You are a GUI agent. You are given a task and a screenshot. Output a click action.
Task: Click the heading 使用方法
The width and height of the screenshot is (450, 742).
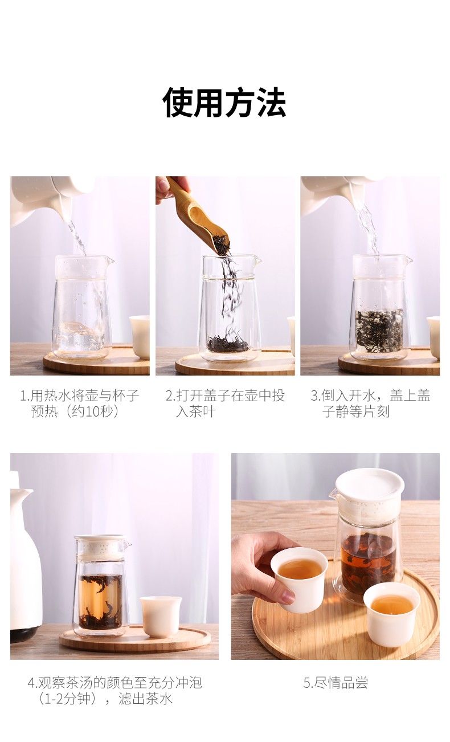(x=224, y=102)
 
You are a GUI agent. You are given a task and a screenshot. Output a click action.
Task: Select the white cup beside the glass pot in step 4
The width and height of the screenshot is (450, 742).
(x=161, y=616)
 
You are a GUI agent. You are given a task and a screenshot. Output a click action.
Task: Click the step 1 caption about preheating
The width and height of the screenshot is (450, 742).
(x=79, y=403)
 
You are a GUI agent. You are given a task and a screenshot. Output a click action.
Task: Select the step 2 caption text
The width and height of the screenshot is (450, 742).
(x=225, y=403)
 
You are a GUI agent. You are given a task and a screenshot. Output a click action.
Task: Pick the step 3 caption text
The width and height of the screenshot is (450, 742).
(x=370, y=403)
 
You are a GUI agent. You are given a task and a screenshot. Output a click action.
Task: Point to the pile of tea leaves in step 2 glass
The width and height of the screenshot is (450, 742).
(x=228, y=344)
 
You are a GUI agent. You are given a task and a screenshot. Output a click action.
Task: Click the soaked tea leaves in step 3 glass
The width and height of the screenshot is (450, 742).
(x=379, y=330)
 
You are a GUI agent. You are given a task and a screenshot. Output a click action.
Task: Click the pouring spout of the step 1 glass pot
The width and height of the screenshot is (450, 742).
(x=111, y=260)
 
